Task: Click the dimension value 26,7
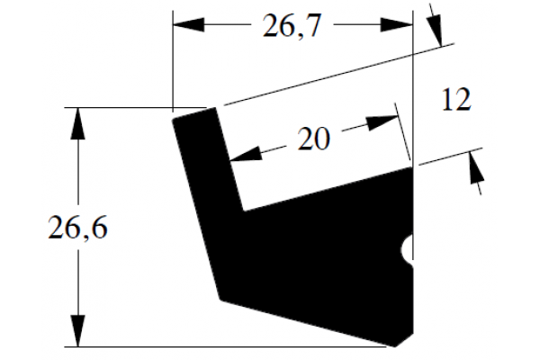click(x=292, y=26)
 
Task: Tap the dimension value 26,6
click(x=77, y=228)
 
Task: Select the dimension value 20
click(x=313, y=139)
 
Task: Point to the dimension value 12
click(x=456, y=100)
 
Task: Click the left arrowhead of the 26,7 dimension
click(x=188, y=25)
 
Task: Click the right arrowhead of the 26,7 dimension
click(x=397, y=25)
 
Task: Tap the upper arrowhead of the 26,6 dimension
click(x=77, y=123)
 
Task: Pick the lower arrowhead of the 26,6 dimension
click(x=77, y=330)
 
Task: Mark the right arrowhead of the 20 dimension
click(x=382, y=122)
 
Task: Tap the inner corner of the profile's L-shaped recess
click(x=244, y=211)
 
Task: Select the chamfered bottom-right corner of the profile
click(x=404, y=340)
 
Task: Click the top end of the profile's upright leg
click(x=193, y=113)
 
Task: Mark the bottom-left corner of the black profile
click(x=220, y=299)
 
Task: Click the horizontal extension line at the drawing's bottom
click(x=226, y=346)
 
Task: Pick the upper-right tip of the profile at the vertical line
click(x=412, y=167)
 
